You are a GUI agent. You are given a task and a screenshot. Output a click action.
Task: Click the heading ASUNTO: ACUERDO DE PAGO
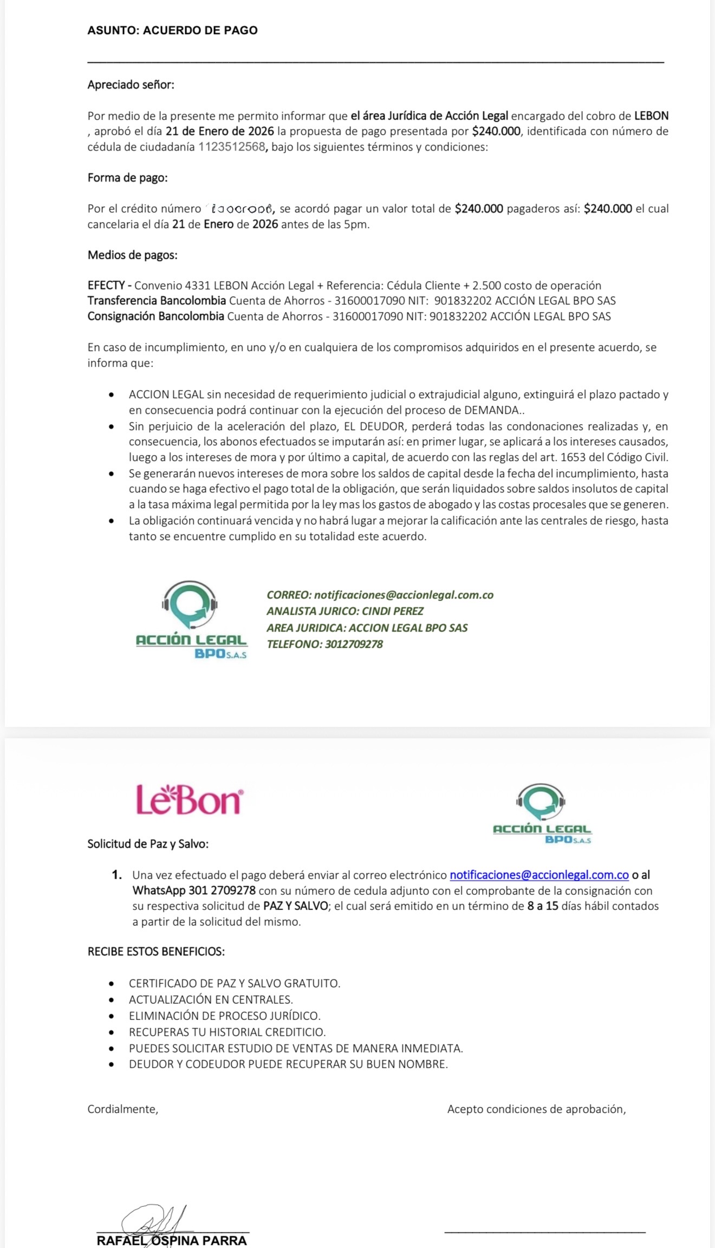pyautogui.click(x=172, y=30)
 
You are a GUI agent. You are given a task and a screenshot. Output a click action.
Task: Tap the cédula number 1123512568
pyautogui.click(x=232, y=147)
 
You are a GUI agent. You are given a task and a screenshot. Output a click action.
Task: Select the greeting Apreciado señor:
pyautogui.click(x=131, y=85)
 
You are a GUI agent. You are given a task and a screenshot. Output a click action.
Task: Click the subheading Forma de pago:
pyautogui.click(x=127, y=178)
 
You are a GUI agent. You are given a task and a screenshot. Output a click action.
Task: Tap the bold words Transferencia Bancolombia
pyautogui.click(x=157, y=301)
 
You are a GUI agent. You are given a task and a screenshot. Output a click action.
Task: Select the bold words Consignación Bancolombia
pyautogui.click(x=155, y=316)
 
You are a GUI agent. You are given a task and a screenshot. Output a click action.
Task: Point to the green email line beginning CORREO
pyautogui.click(x=380, y=595)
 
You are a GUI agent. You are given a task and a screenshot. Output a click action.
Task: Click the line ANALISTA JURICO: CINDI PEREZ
pyautogui.click(x=345, y=611)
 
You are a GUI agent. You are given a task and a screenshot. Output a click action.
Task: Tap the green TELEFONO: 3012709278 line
pyautogui.click(x=324, y=644)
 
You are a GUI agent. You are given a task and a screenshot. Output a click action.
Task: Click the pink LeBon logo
pyautogui.click(x=189, y=799)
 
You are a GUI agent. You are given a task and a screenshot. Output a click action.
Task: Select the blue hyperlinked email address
pyautogui.click(x=539, y=875)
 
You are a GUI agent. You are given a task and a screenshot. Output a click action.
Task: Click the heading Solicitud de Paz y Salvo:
pyautogui.click(x=148, y=843)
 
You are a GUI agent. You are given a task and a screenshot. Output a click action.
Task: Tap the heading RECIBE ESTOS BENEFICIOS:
pyautogui.click(x=156, y=951)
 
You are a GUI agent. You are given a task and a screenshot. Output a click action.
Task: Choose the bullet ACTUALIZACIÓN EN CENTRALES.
pyautogui.click(x=211, y=999)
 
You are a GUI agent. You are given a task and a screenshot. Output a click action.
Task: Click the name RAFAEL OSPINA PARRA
pyautogui.click(x=172, y=1240)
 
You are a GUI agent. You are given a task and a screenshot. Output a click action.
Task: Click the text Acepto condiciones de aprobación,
pyautogui.click(x=536, y=1109)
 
